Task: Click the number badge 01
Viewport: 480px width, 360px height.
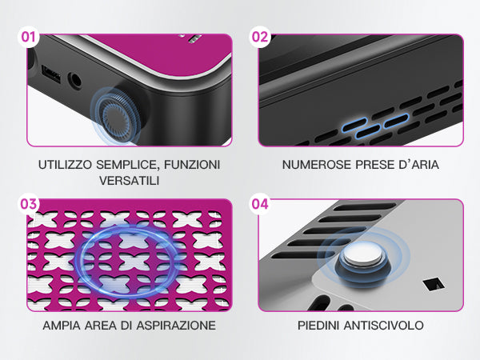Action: coord(29,37)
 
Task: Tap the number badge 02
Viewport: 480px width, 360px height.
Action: coord(260,37)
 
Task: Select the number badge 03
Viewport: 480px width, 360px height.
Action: coord(29,204)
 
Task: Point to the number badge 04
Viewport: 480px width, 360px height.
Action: coord(260,204)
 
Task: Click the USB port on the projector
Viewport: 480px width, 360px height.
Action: coord(51,74)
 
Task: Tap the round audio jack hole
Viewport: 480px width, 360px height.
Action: coord(74,81)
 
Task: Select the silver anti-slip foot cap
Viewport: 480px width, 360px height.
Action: coord(362,254)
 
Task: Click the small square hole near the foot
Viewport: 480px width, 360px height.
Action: coord(433,284)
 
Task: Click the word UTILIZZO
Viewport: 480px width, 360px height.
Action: coord(65,165)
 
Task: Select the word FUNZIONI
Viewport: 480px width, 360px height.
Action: coord(192,165)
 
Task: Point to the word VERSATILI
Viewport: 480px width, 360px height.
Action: coord(129,181)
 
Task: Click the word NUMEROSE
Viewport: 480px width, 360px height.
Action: coord(316,165)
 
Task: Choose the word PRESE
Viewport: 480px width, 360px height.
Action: coord(374,165)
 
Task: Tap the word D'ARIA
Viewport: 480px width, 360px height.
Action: coord(418,165)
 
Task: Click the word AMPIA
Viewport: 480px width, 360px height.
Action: coord(62,325)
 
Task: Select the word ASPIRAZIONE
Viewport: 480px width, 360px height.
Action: coord(176,325)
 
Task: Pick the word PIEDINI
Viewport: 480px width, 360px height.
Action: coord(318,325)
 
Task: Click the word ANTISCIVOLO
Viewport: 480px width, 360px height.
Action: coord(384,325)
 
